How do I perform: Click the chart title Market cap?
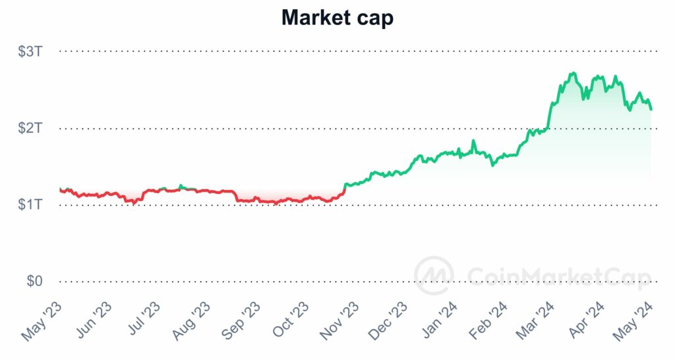click(337, 18)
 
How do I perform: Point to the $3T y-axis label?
click(32, 51)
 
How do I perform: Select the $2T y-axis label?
click(32, 128)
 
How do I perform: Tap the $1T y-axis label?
click(32, 205)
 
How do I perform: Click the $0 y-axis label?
click(34, 282)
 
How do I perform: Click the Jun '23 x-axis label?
click(93, 322)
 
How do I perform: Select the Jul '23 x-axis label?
click(143, 322)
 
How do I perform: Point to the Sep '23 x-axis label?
click(241, 322)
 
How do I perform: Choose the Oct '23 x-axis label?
click(291, 322)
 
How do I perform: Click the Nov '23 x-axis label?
click(340, 322)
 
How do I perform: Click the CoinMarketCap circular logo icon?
click(433, 275)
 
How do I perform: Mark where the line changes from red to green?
click(344, 189)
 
